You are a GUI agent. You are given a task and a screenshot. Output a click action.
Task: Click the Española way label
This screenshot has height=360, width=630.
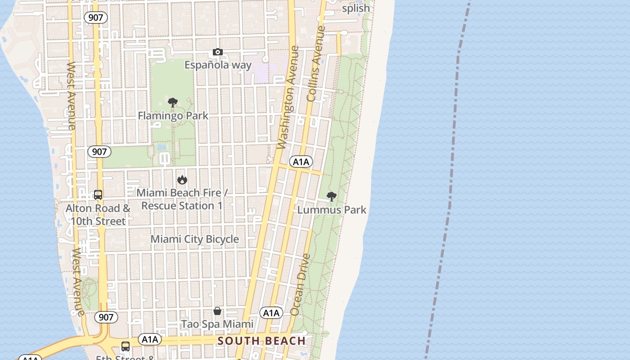coord(218,65)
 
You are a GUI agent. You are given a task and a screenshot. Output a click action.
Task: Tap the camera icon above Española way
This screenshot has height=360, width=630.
coord(218,52)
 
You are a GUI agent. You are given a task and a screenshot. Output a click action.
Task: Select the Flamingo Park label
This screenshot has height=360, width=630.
coord(173,116)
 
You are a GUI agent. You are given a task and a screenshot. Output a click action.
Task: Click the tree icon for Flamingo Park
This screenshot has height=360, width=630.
coord(172,103)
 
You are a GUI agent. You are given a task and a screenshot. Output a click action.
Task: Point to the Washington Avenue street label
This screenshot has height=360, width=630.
coord(288,97)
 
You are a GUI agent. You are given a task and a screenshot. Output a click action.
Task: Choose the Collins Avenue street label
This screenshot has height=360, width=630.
coord(316,63)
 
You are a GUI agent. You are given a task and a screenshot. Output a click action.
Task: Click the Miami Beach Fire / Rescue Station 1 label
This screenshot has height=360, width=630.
coord(182,199)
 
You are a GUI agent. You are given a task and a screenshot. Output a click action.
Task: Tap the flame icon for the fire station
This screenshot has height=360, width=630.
coord(182,180)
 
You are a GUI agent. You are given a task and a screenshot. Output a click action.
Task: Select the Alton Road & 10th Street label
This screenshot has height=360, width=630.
coord(98,215)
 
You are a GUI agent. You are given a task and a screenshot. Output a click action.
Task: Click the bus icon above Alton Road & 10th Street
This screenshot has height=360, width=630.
coord(98,195)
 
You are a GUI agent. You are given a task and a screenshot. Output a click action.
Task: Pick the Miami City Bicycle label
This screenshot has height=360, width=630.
coord(194,239)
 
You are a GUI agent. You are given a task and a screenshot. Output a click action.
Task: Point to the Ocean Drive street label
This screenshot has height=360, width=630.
coord(301,284)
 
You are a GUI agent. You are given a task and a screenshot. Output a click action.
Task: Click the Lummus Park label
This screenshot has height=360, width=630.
coord(332,210)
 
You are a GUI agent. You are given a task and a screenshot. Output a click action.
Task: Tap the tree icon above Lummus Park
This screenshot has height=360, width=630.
coord(332,197)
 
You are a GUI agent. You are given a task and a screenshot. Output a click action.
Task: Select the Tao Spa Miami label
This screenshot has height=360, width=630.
coord(217,324)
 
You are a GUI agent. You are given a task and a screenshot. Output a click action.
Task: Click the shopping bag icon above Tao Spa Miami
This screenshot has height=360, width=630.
coord(217,311)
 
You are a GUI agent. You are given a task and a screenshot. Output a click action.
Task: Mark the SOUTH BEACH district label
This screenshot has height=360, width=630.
coord(261,341)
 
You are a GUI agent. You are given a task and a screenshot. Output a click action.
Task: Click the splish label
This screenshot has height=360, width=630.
coord(356,8)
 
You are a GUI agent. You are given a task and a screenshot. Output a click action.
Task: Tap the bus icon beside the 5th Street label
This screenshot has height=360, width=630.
coord(126,346)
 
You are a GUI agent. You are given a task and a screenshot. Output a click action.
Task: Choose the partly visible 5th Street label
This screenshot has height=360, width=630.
coord(125,358)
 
